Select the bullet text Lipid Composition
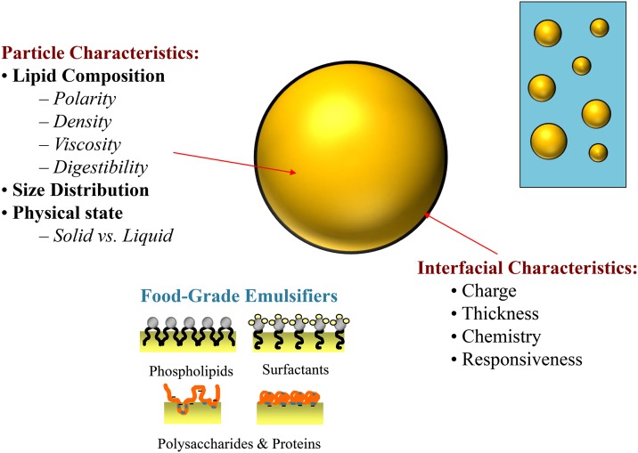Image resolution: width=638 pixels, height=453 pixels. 89,76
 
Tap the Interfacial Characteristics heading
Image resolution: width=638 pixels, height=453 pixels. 528,266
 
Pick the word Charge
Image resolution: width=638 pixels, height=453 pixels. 495,290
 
